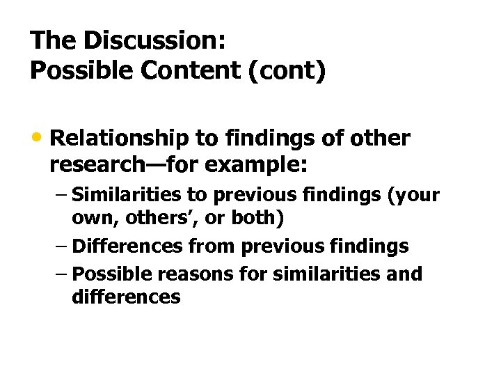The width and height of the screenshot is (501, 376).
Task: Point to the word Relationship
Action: tap(119, 139)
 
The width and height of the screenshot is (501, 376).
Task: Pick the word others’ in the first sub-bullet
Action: tap(143, 218)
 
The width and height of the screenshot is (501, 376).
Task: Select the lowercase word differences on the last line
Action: tap(126, 297)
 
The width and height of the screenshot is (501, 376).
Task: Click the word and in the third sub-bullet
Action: tap(406, 274)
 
